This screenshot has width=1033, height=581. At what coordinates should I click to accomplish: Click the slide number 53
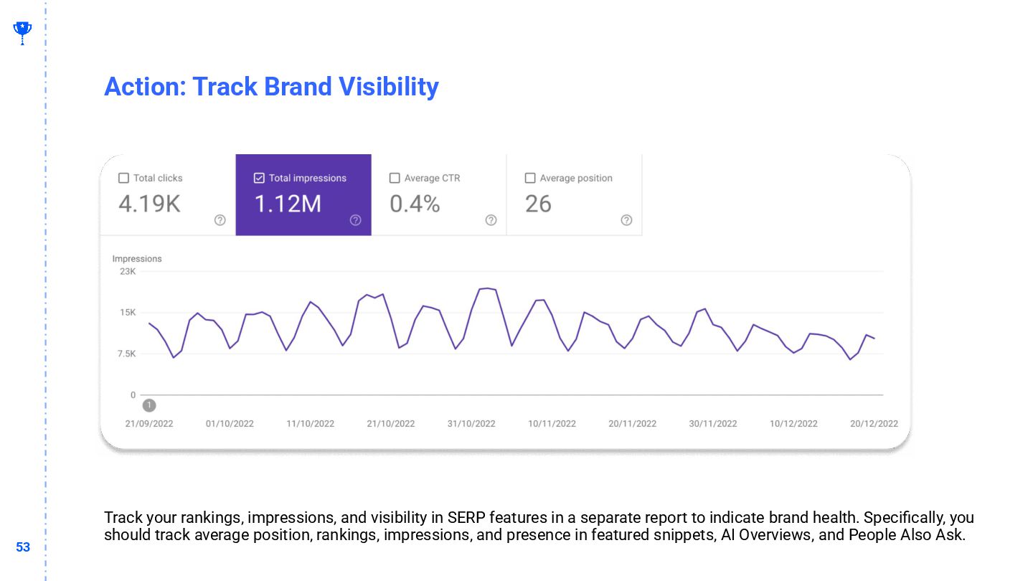(23, 547)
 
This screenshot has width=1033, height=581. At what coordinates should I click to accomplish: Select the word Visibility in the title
(388, 87)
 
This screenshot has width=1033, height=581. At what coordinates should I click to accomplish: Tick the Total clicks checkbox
(123, 178)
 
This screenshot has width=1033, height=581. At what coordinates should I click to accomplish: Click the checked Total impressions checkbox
(259, 178)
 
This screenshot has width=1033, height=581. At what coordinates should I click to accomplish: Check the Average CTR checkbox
(395, 178)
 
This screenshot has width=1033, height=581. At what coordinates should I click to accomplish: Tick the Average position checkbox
(530, 178)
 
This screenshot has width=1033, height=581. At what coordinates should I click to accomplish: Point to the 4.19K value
(149, 204)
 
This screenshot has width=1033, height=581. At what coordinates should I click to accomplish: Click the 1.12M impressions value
(288, 204)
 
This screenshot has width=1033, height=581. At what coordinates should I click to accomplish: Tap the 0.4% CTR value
(415, 204)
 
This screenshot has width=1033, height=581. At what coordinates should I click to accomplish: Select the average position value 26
(538, 204)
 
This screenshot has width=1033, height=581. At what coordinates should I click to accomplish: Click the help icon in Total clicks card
(220, 220)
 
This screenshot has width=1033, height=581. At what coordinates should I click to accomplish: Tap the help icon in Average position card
(626, 220)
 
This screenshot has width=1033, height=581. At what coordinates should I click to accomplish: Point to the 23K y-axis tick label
(128, 271)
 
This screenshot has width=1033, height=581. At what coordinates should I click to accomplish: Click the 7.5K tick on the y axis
(127, 354)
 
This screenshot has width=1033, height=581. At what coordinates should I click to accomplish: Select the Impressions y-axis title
(137, 258)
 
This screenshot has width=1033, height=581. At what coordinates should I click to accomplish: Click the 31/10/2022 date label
(471, 424)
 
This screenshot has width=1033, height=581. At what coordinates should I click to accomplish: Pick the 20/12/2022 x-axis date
(874, 424)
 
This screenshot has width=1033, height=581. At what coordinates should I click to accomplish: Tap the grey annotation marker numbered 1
(148, 405)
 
